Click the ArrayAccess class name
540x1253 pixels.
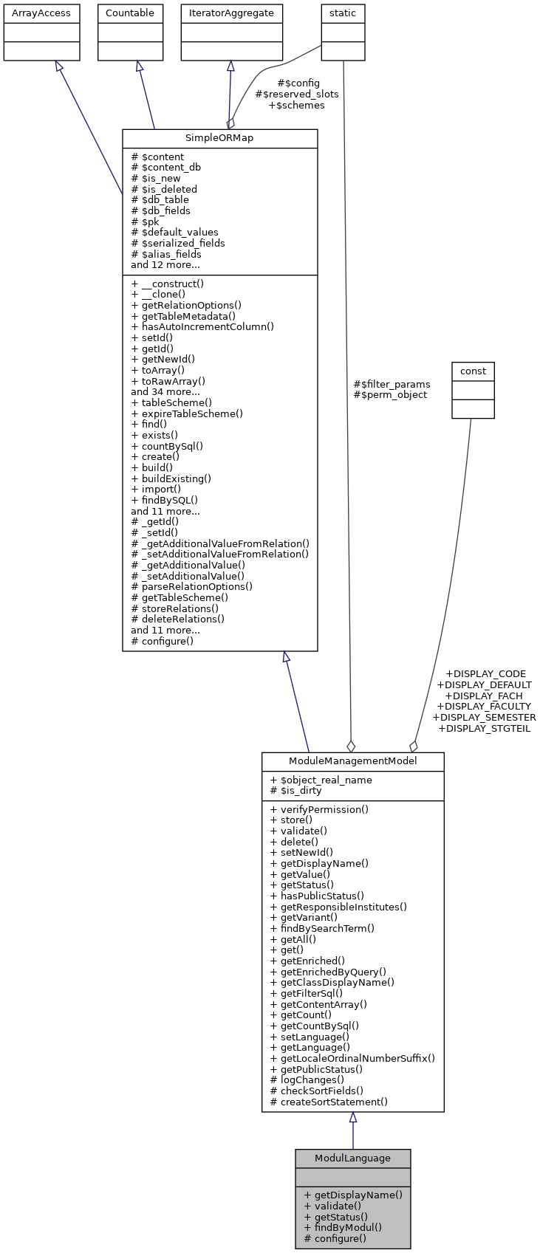tap(41, 13)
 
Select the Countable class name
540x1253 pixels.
tap(130, 13)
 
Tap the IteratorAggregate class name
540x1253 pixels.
tap(232, 13)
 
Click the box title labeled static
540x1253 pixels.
tap(343, 13)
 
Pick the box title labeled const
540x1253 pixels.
tap(473, 371)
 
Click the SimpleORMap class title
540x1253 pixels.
tap(219, 139)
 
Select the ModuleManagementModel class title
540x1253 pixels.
tap(352, 761)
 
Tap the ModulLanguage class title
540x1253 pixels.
tap(352, 1158)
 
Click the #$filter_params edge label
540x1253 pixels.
tap(392, 384)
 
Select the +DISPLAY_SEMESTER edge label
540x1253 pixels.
tap(484, 717)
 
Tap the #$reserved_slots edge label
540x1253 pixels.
tap(297, 95)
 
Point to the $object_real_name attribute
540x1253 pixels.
tap(321, 780)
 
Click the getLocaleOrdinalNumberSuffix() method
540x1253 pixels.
tap(352, 1058)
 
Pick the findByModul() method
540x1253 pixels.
tap(343, 1227)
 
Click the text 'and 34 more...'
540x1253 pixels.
tap(165, 391)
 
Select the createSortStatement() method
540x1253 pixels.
tap(329, 1102)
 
